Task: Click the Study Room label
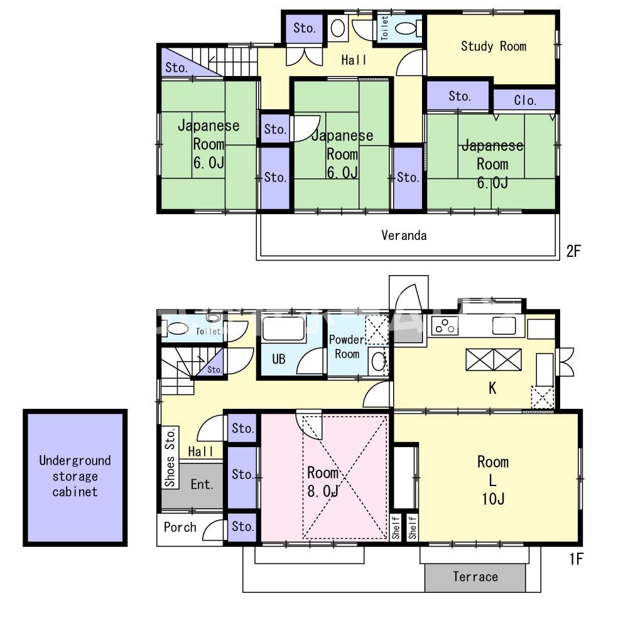(494, 46)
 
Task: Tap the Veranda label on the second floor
(404, 235)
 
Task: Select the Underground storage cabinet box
(75, 478)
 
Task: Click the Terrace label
(475, 577)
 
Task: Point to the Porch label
(180, 527)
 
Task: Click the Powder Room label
(347, 347)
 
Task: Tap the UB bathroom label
(278, 359)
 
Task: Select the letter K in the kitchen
(492, 388)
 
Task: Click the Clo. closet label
(524, 100)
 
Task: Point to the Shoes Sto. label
(170, 457)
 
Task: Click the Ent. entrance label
(202, 485)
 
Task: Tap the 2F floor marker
(573, 251)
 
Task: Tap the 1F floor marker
(576, 559)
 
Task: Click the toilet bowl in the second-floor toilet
(406, 28)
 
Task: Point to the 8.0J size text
(323, 490)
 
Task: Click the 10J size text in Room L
(493, 499)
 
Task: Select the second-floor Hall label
(354, 60)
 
